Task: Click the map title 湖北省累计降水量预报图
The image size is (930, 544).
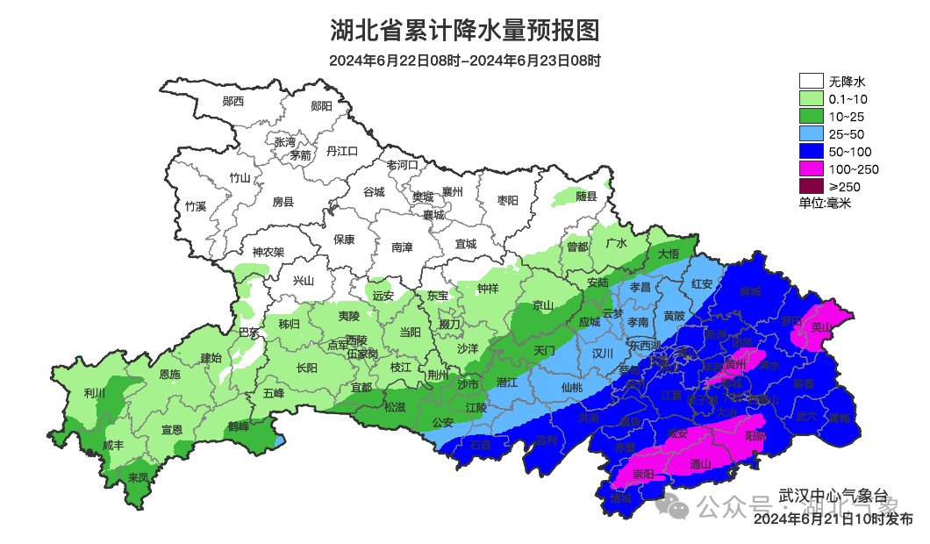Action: [x=465, y=31]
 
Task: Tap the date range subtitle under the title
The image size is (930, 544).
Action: [x=465, y=61]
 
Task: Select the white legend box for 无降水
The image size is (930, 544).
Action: [x=811, y=82]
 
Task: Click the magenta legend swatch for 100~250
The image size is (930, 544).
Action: [x=811, y=168]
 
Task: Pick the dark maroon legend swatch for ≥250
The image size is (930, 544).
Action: [x=811, y=186]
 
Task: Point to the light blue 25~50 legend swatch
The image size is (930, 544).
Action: [x=811, y=133]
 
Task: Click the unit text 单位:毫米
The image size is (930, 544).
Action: [x=825, y=203]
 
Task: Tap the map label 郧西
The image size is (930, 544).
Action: [x=233, y=102]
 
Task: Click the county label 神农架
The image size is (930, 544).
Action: [x=268, y=252]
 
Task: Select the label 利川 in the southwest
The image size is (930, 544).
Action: [x=94, y=393]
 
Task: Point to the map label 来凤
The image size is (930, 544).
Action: [x=139, y=478]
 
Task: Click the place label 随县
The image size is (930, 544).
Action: [x=586, y=197]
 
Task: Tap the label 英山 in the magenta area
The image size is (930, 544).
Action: [x=820, y=326]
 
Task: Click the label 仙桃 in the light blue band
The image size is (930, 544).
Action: [x=571, y=386]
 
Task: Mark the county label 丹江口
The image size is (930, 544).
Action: [x=342, y=152]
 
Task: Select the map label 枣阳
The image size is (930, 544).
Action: [x=508, y=201]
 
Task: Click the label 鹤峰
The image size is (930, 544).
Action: [x=239, y=426]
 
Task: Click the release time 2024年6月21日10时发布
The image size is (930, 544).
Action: [x=833, y=519]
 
